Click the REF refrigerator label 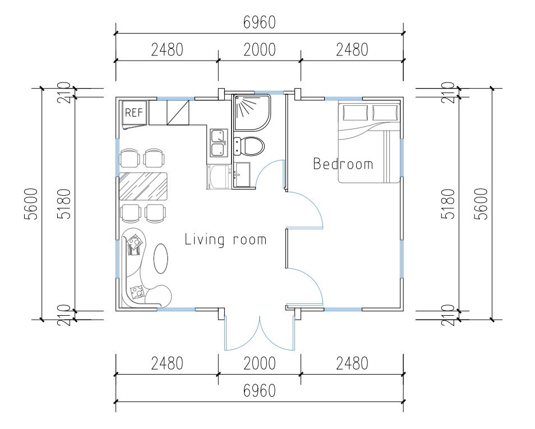click(133, 113)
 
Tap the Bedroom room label click(343, 164)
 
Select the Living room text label click(225, 239)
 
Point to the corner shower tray click(252, 113)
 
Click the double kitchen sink click(219, 142)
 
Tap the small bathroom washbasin click(242, 175)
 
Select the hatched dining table click(144, 186)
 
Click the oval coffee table click(161, 259)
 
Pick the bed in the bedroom click(369, 142)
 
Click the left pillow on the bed click(356, 113)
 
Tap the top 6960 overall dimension click(259, 22)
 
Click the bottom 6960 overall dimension click(259, 390)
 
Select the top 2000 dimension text click(259, 50)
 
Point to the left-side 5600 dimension click(31, 204)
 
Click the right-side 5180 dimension click(448, 204)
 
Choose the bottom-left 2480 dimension click(167, 363)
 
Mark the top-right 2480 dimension click(352, 50)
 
